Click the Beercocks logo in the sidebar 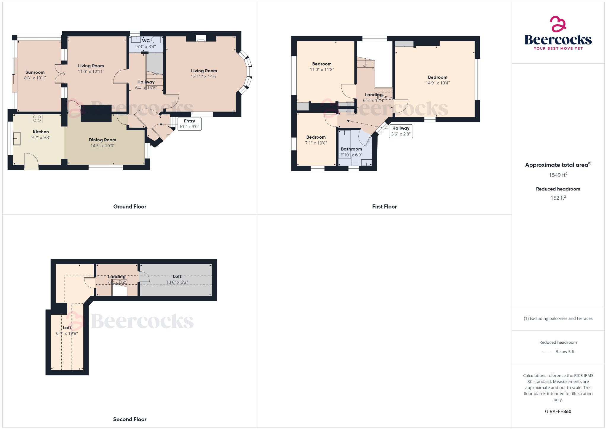tap(558, 33)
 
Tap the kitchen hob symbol tap(37, 119)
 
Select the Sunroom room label tap(35, 72)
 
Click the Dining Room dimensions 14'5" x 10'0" tap(102, 146)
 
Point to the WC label tap(146, 41)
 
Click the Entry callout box tap(189, 124)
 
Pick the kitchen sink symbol tap(17, 138)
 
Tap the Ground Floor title tap(130, 207)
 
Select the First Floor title tap(384, 207)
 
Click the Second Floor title tap(130, 419)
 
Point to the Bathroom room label tap(351, 149)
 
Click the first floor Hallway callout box tap(401, 131)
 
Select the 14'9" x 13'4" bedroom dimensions tap(437, 83)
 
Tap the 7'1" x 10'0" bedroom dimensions tap(316, 143)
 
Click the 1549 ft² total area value tap(558, 175)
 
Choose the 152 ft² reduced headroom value tap(558, 198)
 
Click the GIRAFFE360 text tap(558, 411)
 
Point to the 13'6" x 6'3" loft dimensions tap(177, 282)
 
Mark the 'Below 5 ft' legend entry tap(565, 352)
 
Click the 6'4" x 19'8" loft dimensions tap(67, 333)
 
